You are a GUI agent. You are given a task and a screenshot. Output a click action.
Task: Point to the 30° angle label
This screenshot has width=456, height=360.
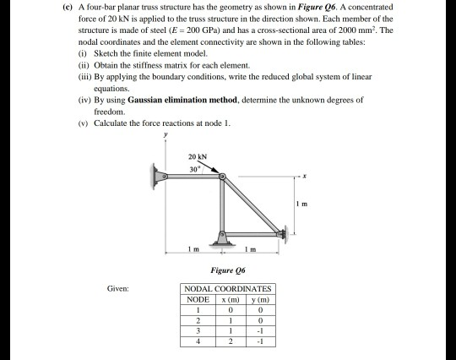tap(193, 167)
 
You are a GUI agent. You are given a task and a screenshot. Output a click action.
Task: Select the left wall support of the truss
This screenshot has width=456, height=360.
tap(158, 179)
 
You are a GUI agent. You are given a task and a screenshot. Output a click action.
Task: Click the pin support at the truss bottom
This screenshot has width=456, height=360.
tap(224, 236)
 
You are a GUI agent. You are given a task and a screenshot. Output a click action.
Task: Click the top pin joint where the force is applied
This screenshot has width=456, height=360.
tap(224, 179)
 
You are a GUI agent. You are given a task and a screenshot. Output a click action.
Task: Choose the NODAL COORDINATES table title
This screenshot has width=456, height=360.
tap(228, 289)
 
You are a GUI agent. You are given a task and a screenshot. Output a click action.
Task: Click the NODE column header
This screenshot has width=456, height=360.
tap(197, 299)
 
